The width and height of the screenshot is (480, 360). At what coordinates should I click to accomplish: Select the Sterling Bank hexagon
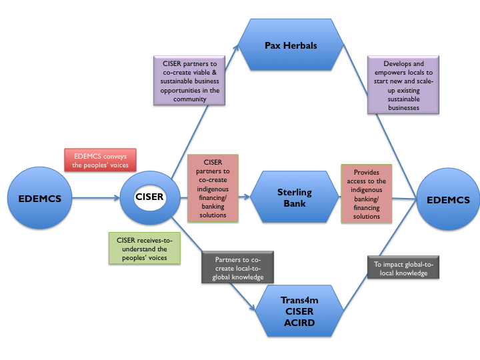[295, 197]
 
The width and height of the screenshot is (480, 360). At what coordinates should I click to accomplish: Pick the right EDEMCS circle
[448, 199]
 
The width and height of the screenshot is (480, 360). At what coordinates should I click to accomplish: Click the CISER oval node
[149, 197]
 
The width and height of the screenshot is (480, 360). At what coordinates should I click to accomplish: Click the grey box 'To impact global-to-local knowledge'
[401, 269]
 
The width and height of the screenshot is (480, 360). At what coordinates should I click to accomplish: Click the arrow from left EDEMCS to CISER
[93, 198]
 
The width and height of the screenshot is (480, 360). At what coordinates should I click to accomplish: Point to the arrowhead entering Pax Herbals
[237, 49]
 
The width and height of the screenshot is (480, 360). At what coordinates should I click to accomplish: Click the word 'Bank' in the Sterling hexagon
[295, 203]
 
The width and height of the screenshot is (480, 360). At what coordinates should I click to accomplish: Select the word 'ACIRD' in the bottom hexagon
[299, 323]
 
